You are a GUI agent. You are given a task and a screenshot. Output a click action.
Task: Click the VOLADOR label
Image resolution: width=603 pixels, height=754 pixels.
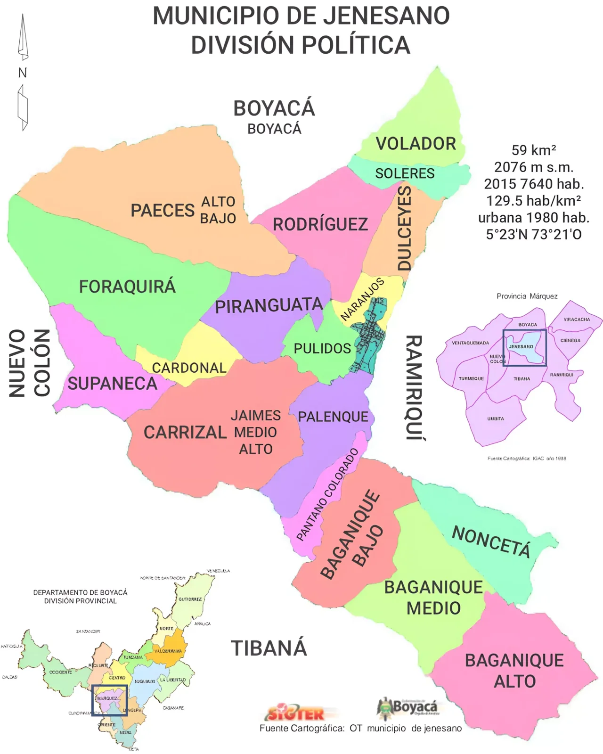point(416,144)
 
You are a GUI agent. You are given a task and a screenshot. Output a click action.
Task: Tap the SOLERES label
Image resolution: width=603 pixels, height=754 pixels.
point(405,173)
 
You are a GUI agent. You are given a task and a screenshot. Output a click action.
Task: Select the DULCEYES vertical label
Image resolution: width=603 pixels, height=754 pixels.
point(404,228)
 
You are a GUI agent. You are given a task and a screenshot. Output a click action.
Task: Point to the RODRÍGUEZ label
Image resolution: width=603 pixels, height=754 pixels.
point(320,224)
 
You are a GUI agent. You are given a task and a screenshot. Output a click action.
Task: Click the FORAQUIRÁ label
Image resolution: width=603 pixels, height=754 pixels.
point(127,287)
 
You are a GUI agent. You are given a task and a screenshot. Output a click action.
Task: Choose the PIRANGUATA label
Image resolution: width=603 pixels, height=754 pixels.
point(269,306)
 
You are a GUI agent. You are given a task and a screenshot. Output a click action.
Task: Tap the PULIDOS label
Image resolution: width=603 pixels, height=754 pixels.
point(322,349)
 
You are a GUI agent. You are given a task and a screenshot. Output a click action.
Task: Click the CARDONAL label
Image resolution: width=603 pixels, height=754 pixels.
point(189,368)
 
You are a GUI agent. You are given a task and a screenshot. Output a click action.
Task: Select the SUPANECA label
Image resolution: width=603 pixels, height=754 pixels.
point(112,384)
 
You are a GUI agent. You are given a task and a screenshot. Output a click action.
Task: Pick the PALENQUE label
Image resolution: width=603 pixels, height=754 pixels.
point(333,417)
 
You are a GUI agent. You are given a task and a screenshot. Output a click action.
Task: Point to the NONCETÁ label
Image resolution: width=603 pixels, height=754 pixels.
point(491,541)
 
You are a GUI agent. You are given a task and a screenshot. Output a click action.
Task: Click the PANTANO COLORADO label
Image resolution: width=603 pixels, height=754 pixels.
point(328,494)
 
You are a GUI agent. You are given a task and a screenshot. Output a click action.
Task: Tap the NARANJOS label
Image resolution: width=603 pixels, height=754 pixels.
point(362,299)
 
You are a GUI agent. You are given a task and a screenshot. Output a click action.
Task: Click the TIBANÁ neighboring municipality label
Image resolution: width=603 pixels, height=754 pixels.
point(269,648)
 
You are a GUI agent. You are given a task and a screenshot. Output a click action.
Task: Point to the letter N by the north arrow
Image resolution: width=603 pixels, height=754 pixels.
point(22,73)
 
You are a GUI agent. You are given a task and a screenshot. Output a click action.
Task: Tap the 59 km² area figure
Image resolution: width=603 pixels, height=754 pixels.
point(533,150)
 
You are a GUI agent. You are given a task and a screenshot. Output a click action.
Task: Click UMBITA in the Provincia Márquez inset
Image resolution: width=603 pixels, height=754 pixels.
point(496,418)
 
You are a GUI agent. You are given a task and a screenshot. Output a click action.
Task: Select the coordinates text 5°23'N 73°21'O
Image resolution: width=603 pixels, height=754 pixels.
point(534,235)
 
